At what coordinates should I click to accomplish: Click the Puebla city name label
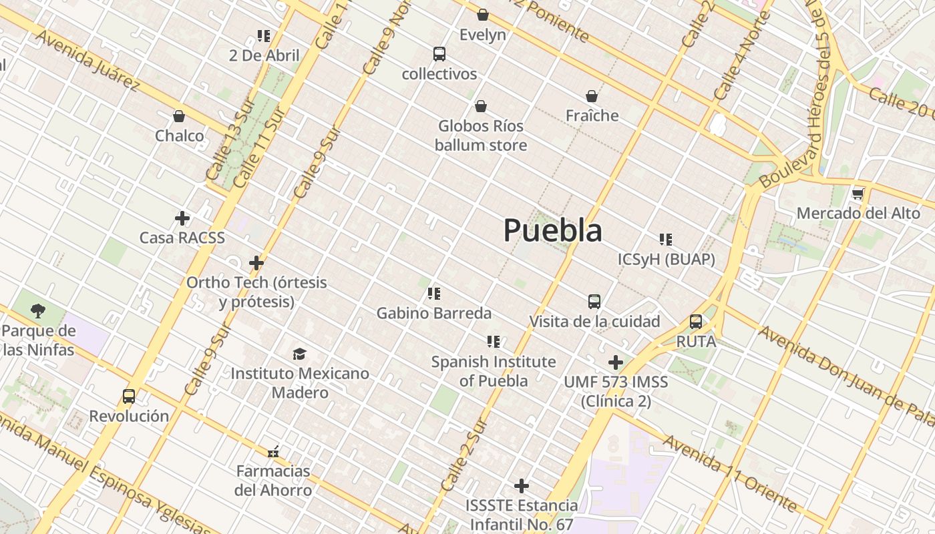[x=552, y=230]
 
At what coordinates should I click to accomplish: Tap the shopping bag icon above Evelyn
[x=483, y=14]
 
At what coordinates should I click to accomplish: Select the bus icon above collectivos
[x=439, y=54]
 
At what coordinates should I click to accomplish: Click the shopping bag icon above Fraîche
[x=592, y=96]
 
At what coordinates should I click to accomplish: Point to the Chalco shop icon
[x=179, y=116]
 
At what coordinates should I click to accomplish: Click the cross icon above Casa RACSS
[x=182, y=218]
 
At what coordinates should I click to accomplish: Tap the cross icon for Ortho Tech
[x=256, y=263]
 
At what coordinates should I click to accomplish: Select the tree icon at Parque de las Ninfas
[x=38, y=310]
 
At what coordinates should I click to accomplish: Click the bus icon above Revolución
[x=129, y=396]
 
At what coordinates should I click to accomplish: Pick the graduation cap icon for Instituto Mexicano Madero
[x=299, y=354]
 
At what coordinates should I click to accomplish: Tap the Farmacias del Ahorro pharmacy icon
[x=272, y=452]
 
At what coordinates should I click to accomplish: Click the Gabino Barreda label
[x=433, y=313]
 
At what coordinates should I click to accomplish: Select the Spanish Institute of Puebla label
[x=493, y=371]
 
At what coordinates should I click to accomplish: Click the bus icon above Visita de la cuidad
[x=594, y=302]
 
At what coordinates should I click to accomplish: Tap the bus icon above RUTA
[x=696, y=322]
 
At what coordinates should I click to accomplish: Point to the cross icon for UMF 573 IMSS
[x=616, y=362]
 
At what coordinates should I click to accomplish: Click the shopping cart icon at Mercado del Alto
[x=858, y=194]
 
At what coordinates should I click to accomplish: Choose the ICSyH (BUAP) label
[x=667, y=259]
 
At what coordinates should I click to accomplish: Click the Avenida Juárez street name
[x=87, y=60]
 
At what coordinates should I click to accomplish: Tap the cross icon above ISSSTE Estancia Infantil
[x=522, y=486]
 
